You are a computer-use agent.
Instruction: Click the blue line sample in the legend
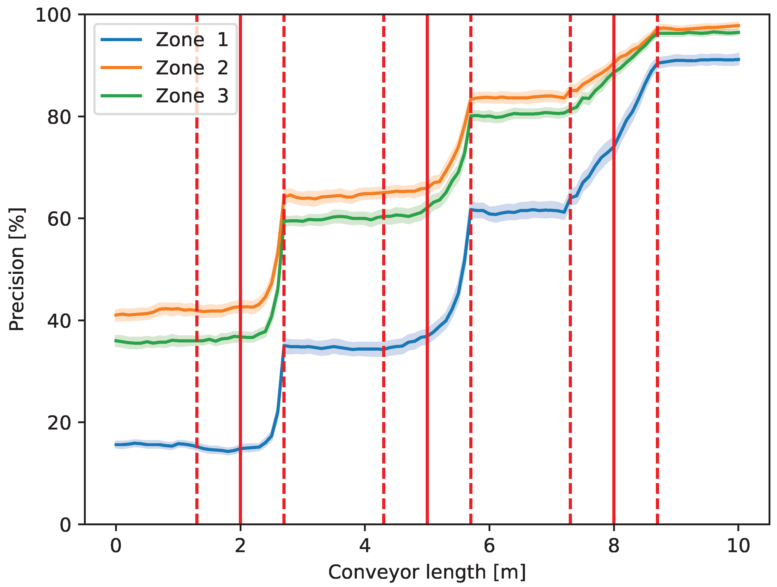tap(121, 40)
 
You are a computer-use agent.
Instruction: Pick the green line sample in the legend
tap(121, 96)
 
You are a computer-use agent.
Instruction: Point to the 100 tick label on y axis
tap(53, 16)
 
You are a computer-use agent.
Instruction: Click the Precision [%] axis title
tap(17, 270)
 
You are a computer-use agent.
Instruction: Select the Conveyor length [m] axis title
tap(427, 572)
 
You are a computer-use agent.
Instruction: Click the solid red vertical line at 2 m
tap(240, 386)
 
